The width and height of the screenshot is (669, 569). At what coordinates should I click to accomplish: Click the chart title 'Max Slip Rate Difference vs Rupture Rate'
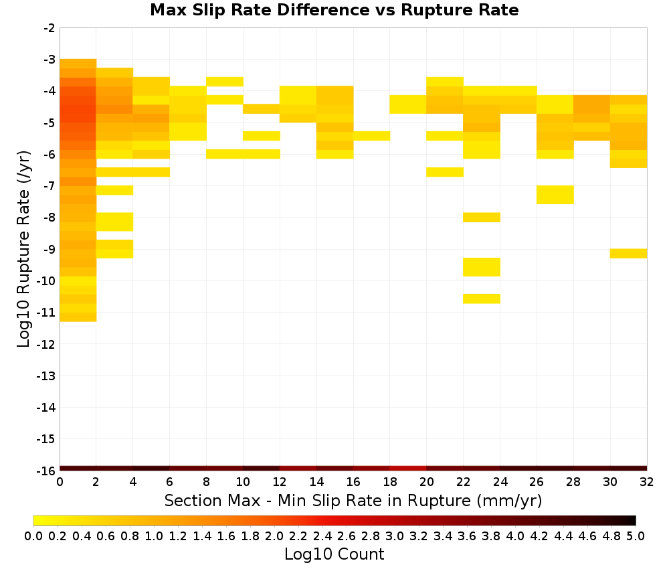[x=334, y=10]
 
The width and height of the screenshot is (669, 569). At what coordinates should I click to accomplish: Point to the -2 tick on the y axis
[x=50, y=28]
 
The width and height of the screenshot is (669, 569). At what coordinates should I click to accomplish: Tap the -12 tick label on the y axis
[x=46, y=344]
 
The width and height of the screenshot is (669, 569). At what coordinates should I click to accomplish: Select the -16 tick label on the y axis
[x=46, y=471]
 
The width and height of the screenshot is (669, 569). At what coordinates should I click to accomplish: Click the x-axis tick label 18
[x=390, y=482]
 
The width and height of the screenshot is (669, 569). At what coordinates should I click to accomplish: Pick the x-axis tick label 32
[x=647, y=482]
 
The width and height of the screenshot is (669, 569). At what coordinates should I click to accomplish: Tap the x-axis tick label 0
[x=60, y=482]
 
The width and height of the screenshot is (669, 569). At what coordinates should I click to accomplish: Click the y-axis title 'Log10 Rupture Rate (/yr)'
[x=23, y=249]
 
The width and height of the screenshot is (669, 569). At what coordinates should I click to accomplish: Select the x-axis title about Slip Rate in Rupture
[x=353, y=500]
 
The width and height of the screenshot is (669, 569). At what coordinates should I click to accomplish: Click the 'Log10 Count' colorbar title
[x=334, y=554]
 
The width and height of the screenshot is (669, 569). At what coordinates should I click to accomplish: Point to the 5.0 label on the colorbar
[x=636, y=536]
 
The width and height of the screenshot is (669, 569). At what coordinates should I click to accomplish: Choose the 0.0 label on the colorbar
[x=33, y=536]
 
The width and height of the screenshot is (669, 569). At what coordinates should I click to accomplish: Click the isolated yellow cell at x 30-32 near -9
[x=628, y=253]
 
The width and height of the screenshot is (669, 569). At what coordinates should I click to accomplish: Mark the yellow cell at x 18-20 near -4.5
[x=408, y=104]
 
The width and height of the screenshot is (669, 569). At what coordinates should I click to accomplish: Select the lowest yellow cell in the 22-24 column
[x=482, y=299]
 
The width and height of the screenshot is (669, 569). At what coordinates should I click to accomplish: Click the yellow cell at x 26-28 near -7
[x=555, y=195]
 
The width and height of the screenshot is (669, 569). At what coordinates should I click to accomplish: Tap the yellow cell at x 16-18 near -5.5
[x=371, y=136]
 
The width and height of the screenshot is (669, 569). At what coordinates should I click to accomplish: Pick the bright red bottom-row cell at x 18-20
[x=408, y=469]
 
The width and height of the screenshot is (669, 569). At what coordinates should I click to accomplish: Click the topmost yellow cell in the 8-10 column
[x=225, y=82]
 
